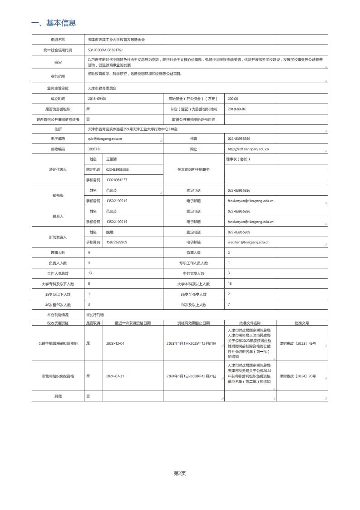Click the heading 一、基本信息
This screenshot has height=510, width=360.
53,23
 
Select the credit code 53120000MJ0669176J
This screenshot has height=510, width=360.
105,50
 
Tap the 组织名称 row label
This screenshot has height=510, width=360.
59,40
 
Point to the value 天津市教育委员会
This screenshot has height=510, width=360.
102,88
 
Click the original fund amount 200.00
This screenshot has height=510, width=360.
233,99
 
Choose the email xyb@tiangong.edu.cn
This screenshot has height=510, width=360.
105,139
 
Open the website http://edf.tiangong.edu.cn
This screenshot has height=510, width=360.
248,149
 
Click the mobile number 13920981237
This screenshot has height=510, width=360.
117,180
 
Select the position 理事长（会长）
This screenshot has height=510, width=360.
238,159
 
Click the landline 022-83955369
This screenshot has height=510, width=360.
239,232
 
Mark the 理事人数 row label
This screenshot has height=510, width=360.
59,253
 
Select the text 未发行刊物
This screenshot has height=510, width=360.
95,315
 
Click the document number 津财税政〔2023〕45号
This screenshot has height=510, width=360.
297,344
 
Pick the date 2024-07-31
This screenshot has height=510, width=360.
115,376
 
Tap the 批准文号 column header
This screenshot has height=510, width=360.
301,323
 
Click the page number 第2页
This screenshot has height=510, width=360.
180,474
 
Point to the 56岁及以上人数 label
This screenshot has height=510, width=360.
193,305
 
